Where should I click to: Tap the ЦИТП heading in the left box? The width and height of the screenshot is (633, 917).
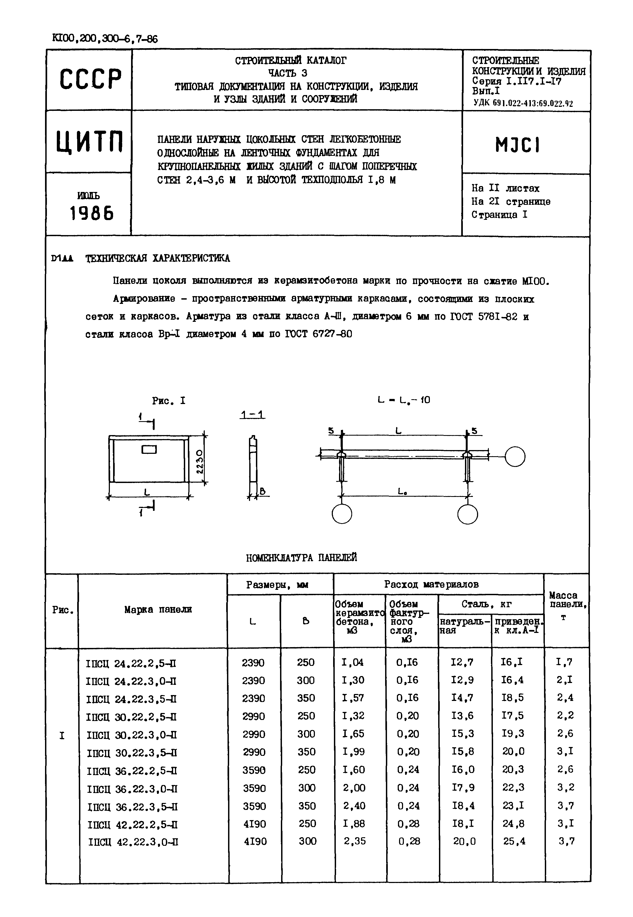pyautogui.click(x=90, y=142)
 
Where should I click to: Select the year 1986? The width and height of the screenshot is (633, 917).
pyautogui.click(x=92, y=214)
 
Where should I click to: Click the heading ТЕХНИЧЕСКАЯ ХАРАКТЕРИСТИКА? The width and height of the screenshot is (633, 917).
pyautogui.click(x=158, y=258)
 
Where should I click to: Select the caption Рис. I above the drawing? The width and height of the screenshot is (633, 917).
pyautogui.click(x=169, y=401)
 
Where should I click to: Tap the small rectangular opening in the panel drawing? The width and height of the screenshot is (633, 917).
pyautogui.click(x=149, y=449)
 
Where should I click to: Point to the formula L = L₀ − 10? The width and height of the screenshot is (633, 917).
pyautogui.click(x=403, y=400)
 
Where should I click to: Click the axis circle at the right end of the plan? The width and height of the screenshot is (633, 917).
pyautogui.click(x=515, y=456)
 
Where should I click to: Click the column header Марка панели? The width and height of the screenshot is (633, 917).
pyautogui.click(x=158, y=609)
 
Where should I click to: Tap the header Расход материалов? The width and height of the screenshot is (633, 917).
pyautogui.click(x=431, y=584)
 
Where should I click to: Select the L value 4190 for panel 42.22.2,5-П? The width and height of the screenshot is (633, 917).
pyautogui.click(x=254, y=824)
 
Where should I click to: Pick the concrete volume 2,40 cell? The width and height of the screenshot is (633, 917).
pyautogui.click(x=354, y=806)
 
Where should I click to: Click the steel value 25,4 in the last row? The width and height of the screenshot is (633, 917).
pyautogui.click(x=514, y=841)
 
